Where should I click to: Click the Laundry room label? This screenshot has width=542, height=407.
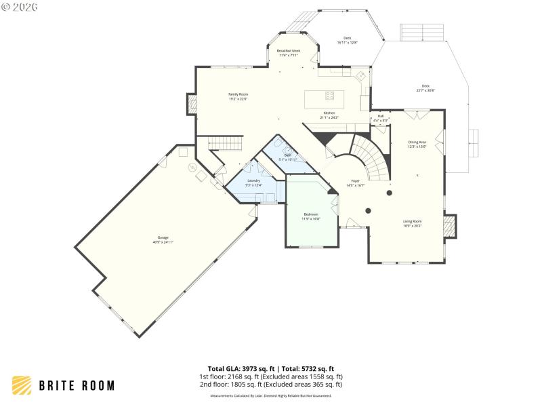(253, 180)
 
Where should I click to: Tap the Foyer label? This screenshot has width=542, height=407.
(355, 181)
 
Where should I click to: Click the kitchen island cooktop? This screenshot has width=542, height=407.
(330, 95)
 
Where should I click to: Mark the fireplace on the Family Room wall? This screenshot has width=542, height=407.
(191, 103)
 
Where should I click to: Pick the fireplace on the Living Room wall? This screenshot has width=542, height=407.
(449, 226)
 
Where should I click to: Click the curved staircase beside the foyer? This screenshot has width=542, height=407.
(372, 155)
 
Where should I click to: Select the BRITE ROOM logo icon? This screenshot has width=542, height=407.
(22, 385)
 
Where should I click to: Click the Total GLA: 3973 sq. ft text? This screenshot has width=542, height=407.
(234, 369)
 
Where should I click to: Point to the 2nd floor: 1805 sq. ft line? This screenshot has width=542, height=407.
(270, 385)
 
